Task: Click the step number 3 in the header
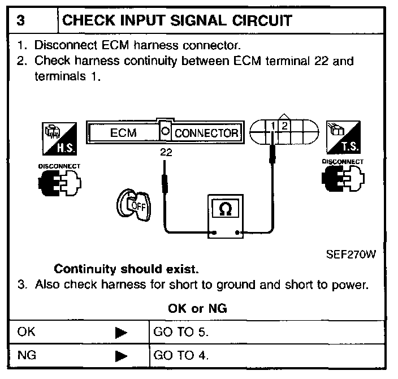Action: [x=20, y=21]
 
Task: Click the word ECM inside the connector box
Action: [x=123, y=133]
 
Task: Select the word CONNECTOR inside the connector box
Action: [x=206, y=133]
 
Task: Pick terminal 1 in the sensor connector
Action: [x=272, y=125]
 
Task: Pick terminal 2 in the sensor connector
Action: [x=284, y=125]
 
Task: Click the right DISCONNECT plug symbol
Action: [x=343, y=180]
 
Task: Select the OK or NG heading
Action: [x=198, y=309]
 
